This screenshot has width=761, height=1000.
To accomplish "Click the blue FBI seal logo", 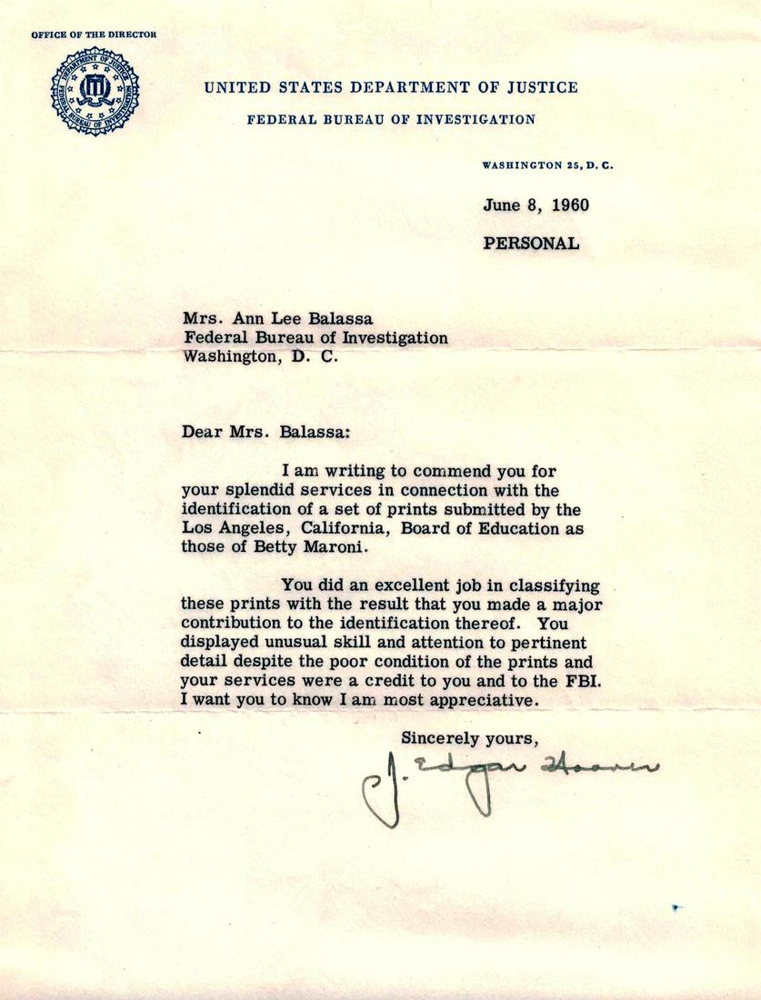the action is coord(95,91).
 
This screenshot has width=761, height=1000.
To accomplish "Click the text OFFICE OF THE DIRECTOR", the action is coord(94,35).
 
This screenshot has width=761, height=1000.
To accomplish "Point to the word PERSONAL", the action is coord(531,243).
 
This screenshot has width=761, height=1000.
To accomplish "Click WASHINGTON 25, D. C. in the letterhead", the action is coord(540,166).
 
